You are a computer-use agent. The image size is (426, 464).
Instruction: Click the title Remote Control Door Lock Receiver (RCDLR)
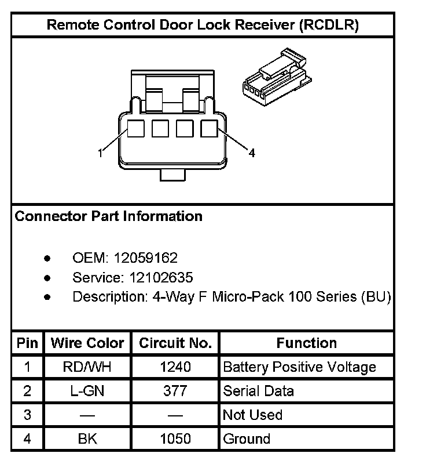point(203,25)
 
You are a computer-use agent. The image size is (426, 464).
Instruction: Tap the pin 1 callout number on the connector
point(101,153)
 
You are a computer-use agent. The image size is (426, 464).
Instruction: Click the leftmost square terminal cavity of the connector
point(135,128)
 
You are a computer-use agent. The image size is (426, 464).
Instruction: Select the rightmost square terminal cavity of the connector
point(208,128)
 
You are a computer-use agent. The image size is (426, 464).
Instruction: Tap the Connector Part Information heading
point(108,216)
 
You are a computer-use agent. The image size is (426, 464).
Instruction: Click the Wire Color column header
point(87,343)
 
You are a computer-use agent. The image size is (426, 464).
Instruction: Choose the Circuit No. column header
point(175,343)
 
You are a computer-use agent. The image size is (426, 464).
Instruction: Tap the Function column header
point(306,343)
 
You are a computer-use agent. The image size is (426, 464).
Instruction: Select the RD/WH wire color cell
point(87,367)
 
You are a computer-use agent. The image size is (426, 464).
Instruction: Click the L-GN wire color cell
point(87,391)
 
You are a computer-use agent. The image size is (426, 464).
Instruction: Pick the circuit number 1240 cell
point(175,367)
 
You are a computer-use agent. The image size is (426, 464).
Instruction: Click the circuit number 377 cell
point(175,391)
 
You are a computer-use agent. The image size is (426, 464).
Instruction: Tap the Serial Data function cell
point(258,391)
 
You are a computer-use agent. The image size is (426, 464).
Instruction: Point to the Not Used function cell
point(252,415)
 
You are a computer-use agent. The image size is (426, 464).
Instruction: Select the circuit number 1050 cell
point(175,439)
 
